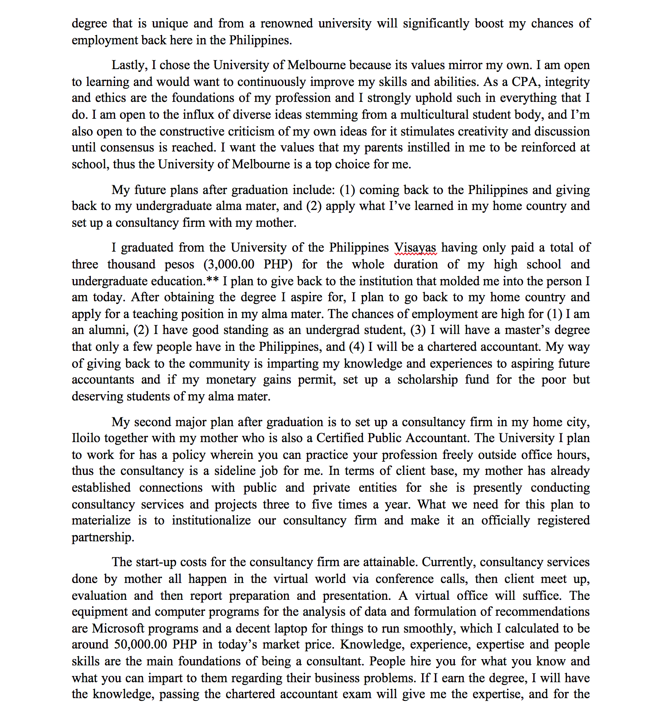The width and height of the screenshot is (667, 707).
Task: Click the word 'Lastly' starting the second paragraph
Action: [x=128, y=65]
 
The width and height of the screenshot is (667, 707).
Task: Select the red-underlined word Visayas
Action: [x=415, y=248]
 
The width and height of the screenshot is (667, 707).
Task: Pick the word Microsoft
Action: [x=118, y=629]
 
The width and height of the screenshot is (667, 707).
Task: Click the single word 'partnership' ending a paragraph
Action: [x=102, y=537]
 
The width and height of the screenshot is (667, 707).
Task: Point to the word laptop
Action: [x=288, y=629]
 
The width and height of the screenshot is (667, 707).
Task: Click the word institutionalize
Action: [x=211, y=521]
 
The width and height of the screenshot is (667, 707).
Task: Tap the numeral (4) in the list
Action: [x=357, y=347]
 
